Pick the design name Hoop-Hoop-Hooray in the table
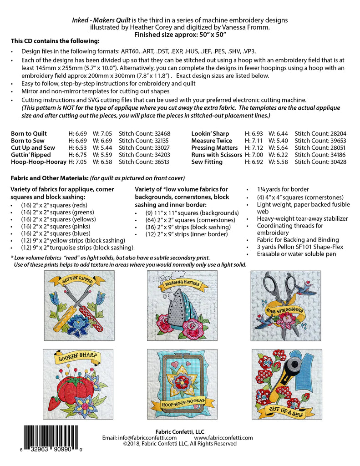coord(38,162)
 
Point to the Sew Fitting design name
coord(207,162)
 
